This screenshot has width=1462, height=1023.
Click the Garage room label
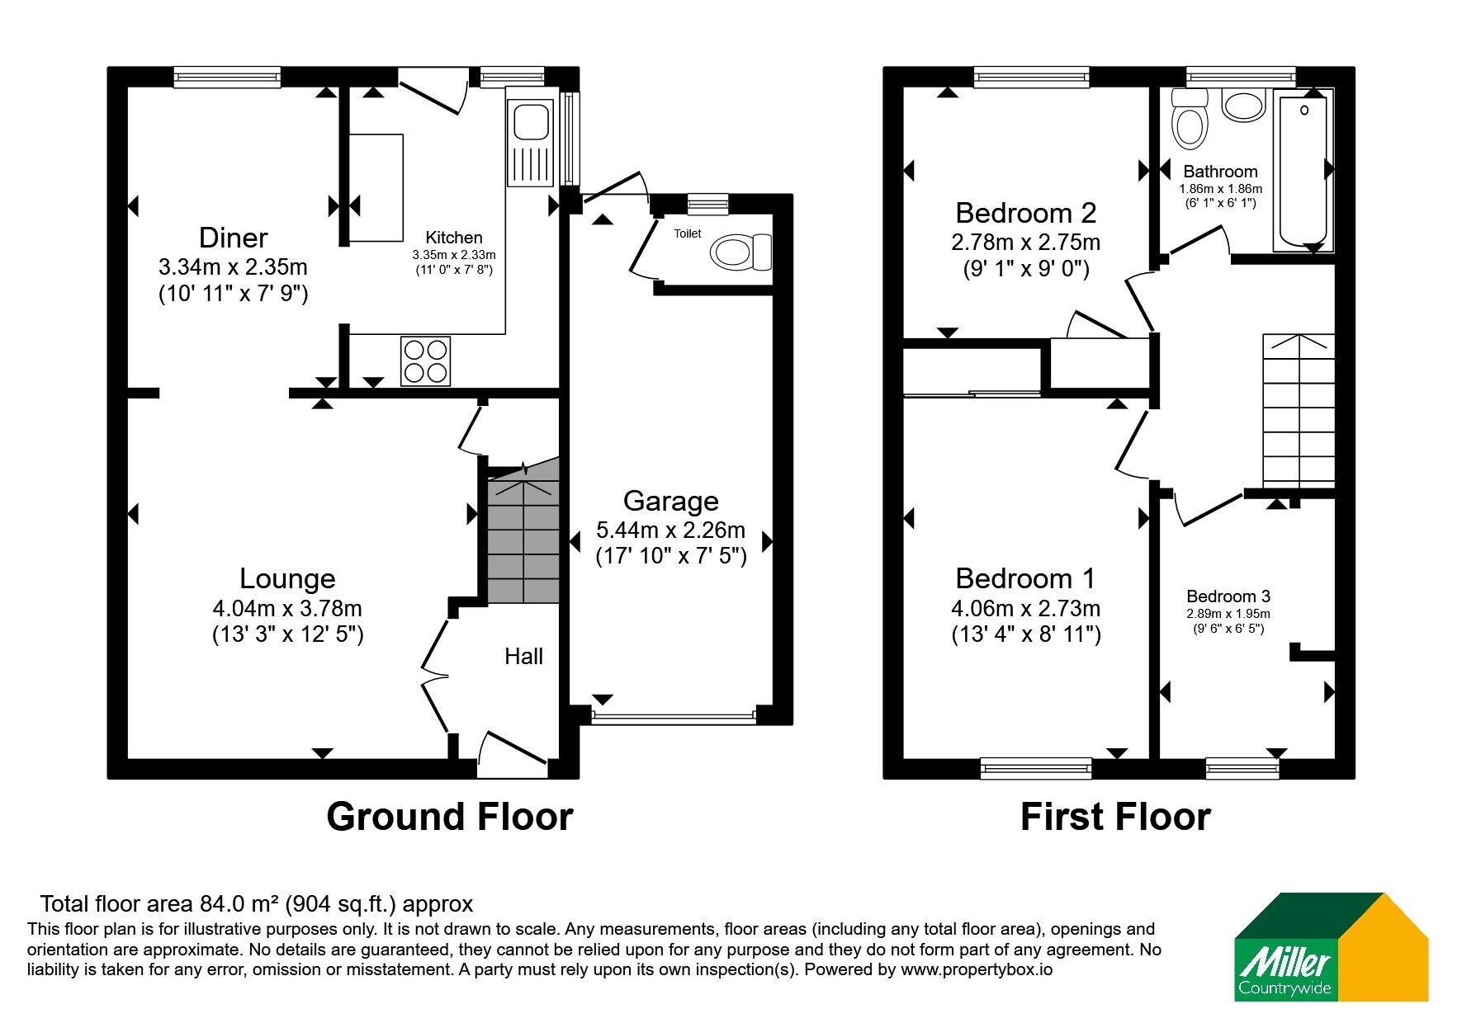pos(670,501)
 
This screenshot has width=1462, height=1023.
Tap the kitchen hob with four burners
pos(426,361)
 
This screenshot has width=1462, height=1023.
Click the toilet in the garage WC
pos(740,252)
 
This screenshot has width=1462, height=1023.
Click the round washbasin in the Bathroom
pos(1244,105)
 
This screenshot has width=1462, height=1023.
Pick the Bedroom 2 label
pos(1026,213)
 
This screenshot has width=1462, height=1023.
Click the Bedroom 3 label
pos(1228,596)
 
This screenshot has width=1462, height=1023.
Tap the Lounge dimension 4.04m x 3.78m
pos(287,609)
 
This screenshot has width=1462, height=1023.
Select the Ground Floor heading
pos(450,816)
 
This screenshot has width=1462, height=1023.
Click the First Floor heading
pos(1115,816)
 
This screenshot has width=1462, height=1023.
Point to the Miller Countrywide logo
pos(1332,947)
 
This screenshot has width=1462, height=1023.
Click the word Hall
pos(524,657)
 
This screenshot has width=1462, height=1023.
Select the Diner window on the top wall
pos(227,77)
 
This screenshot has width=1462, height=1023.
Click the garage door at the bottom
pos(674,715)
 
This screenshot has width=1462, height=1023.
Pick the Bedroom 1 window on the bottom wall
pos(1037,768)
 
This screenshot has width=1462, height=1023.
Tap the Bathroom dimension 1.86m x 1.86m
pos(1220,188)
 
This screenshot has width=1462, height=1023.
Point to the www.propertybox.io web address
pos(977,970)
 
